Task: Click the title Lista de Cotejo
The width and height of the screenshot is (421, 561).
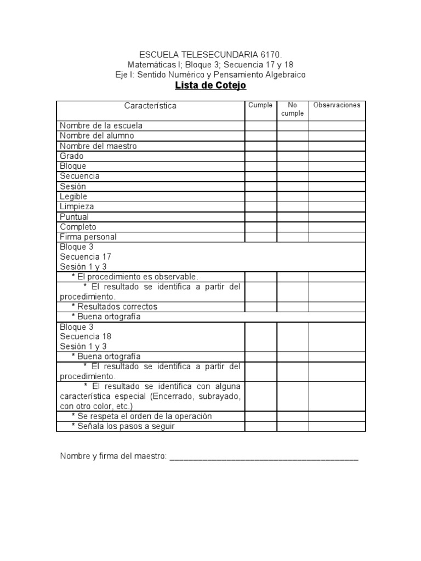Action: (210, 85)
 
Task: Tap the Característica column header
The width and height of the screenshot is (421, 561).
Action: (150, 106)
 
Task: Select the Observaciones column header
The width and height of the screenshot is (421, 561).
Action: (337, 105)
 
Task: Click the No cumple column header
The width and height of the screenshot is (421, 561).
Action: (292, 109)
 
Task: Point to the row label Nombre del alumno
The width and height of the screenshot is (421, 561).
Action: (97, 136)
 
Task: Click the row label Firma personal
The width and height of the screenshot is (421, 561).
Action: (88, 237)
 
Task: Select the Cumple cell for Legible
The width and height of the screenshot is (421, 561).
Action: (260, 197)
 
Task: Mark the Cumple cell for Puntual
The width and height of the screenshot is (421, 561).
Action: (260, 217)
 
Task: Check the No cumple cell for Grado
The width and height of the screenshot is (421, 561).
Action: (292, 156)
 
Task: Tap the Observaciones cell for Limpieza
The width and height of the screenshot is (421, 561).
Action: (337, 207)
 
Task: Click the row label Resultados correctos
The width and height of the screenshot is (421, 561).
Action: (117, 307)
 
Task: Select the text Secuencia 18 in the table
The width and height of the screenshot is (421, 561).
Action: (86, 336)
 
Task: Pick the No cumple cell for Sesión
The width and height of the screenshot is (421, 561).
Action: (292, 187)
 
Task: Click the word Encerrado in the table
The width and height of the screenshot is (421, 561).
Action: (177, 396)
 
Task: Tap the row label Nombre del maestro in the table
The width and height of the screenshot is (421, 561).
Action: (99, 146)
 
